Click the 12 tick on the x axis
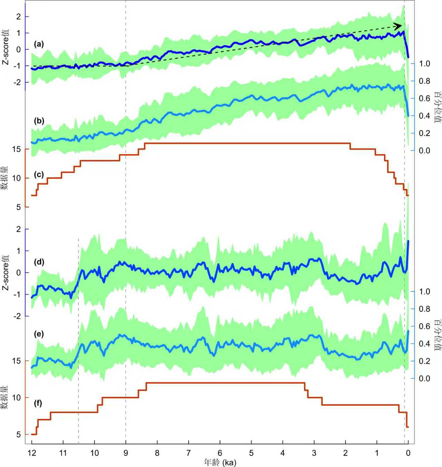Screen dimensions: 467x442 pyautogui.click(x=32, y=453)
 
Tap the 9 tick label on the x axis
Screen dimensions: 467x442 pyautogui.click(x=126, y=453)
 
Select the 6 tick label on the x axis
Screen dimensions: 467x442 pyautogui.click(x=220, y=453)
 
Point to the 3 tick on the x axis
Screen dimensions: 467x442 pyautogui.click(x=314, y=453)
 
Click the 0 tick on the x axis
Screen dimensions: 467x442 pyautogui.click(x=408, y=453)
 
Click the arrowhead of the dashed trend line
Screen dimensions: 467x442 pyautogui.click(x=398, y=26)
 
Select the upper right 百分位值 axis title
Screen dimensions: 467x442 pyautogui.click(x=437, y=107)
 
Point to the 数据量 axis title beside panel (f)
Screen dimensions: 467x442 pyautogui.click(x=5, y=398)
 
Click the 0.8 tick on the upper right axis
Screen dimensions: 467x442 pyautogui.click(x=424, y=81)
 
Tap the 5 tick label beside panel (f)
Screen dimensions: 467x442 pyautogui.click(x=19, y=435)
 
